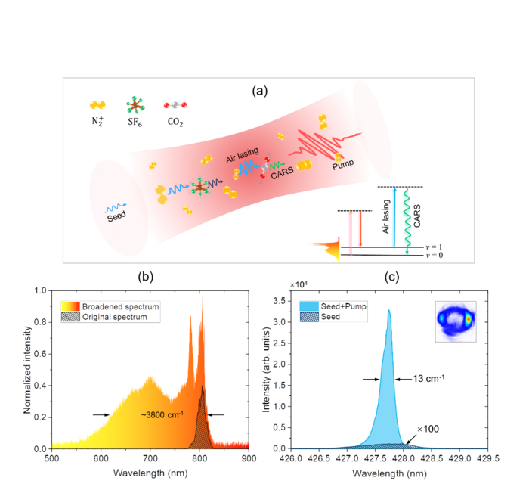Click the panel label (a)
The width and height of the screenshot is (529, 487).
tap(260, 92)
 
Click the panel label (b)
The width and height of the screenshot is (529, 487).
tap(145, 277)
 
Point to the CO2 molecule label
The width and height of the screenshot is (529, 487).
tap(175, 122)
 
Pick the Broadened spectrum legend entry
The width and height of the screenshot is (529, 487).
tap(116, 306)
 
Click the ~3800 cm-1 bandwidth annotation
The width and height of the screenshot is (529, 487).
tap(160, 414)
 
